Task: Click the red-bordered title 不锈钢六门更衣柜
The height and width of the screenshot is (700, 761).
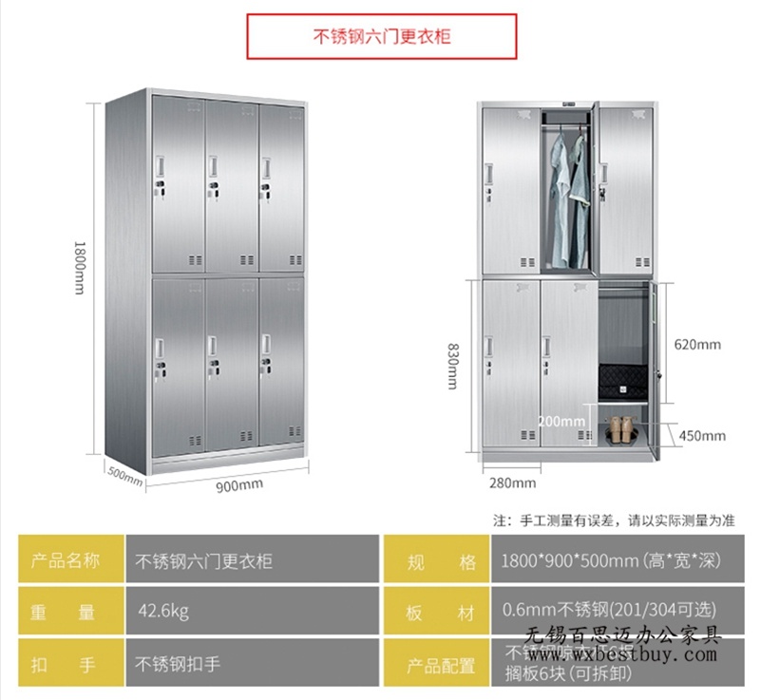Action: [x=382, y=37]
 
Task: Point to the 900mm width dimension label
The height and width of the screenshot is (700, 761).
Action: [x=238, y=485]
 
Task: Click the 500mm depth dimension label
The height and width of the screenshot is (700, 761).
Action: [x=124, y=476]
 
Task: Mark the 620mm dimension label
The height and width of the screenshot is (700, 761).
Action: [x=697, y=345]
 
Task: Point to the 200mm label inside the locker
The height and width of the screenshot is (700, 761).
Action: [x=561, y=421]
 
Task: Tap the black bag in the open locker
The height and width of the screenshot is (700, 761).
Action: [x=621, y=381]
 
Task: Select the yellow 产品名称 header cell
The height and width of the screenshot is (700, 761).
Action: [x=65, y=560]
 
